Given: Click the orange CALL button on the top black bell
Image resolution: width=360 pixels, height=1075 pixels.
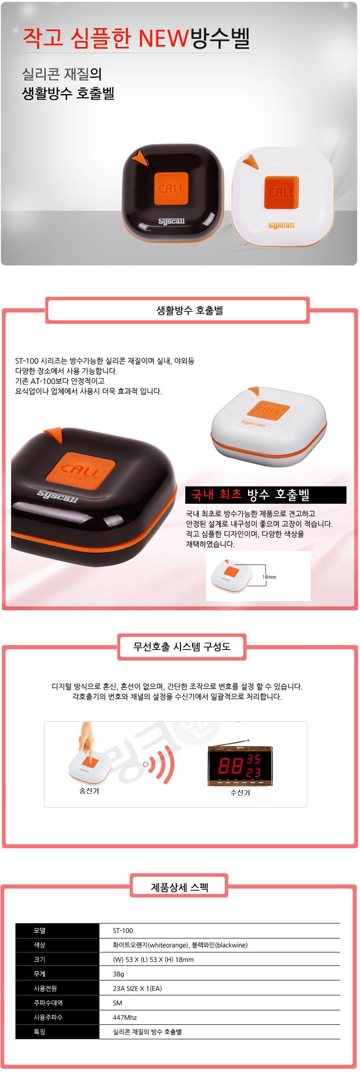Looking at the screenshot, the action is [x=171, y=188].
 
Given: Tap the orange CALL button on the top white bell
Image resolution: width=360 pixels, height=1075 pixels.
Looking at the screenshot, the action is [x=281, y=192].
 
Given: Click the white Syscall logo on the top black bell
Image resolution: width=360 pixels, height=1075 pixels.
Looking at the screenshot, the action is [x=172, y=222].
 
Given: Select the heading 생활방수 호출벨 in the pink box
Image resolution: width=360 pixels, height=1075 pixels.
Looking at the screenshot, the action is [x=190, y=311].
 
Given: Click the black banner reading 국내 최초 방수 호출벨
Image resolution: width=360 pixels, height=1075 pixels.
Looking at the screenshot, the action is [x=266, y=495].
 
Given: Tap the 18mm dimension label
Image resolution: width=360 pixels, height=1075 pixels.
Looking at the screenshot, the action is [x=269, y=577].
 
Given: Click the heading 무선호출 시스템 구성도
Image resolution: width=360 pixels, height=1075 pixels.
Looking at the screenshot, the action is [x=182, y=647].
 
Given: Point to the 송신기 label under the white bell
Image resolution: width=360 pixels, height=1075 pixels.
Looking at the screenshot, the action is [x=89, y=791].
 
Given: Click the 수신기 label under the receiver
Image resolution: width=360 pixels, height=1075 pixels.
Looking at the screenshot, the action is [x=240, y=793].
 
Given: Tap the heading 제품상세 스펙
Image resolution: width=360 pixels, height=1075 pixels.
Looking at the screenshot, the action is [x=180, y=887].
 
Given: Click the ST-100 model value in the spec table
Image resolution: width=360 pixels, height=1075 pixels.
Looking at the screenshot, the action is [x=123, y=931].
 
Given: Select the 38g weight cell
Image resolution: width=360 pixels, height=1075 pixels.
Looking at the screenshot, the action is [x=118, y=974].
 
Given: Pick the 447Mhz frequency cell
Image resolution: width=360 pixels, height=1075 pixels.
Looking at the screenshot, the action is [x=125, y=1018].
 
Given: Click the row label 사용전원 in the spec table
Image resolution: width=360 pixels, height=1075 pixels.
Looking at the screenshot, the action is [x=45, y=989].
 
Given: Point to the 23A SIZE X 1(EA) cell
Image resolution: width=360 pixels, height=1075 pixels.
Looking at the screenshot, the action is [x=137, y=989].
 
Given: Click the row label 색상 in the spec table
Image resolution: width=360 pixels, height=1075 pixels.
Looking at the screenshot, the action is [x=39, y=945].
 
